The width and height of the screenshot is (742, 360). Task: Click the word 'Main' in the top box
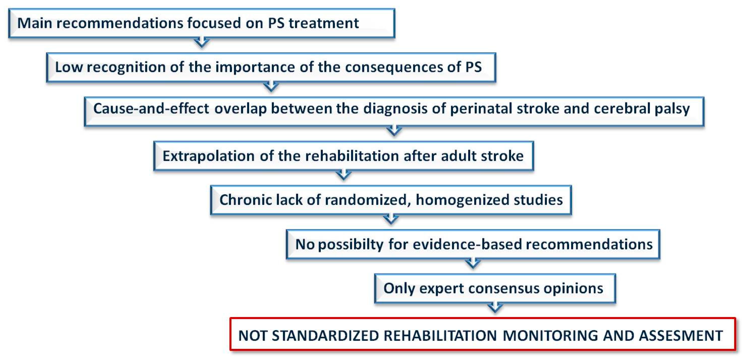coord(35,23)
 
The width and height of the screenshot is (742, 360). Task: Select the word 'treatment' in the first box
coord(324,23)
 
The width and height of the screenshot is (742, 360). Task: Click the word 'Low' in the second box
coord(69,67)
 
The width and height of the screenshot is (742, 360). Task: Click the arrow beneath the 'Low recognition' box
coord(271,86)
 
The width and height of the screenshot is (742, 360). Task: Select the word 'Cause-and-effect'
coord(151,109)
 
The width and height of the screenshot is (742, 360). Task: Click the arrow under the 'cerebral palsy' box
coord(394,130)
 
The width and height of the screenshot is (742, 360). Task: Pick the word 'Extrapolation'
coord(209,156)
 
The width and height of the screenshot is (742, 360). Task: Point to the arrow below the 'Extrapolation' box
coord(343,174)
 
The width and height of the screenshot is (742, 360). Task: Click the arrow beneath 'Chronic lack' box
coord(391,219)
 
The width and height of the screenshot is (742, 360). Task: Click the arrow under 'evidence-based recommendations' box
coord(473,263)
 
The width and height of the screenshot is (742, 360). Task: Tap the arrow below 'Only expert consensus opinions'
coord(495,307)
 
